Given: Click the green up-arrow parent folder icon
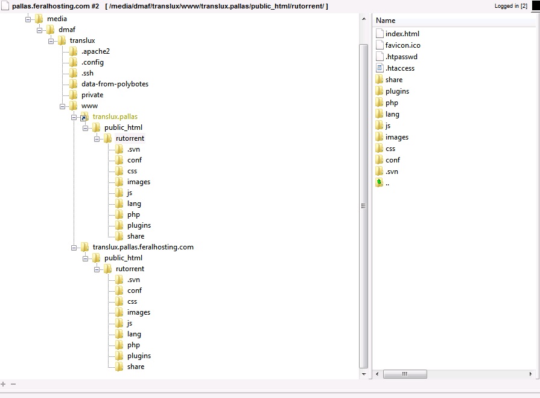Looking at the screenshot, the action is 379,182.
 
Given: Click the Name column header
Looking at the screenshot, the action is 386,21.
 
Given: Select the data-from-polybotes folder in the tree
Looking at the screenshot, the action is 115,84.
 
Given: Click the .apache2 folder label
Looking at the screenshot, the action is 95,51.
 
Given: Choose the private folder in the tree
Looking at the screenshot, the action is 92,95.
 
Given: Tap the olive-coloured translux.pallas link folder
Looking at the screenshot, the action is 115,117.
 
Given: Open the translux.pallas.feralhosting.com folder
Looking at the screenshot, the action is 143,247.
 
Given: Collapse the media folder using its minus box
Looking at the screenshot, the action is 28,19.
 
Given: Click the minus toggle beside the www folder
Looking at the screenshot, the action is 62,106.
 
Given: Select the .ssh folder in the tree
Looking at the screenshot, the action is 87,73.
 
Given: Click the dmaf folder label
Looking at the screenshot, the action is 67,30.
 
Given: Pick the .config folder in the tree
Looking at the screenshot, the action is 92,62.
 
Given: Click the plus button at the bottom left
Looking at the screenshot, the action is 3,384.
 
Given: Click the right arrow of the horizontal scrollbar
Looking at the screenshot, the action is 530,374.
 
